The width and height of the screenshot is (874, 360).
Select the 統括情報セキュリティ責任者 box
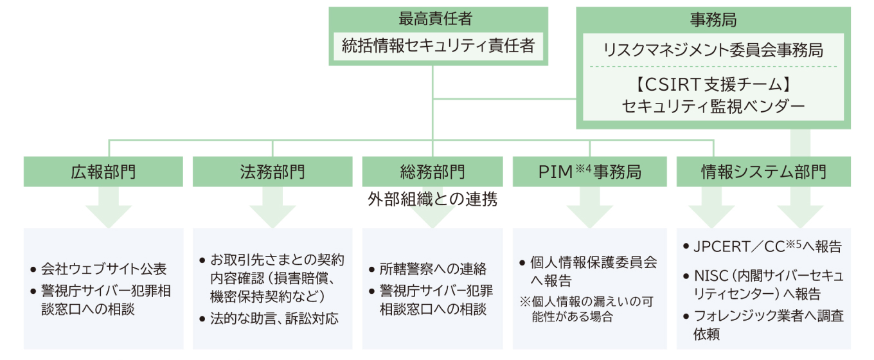(x=439, y=46)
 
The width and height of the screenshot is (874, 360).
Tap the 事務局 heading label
(x=713, y=19)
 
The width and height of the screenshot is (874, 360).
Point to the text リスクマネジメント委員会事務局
(x=713, y=50)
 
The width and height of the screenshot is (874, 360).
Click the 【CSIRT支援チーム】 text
(x=713, y=84)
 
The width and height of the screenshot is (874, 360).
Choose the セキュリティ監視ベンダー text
(x=713, y=106)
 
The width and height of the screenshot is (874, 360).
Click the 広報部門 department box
(x=103, y=172)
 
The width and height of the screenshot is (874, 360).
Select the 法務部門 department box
(x=272, y=172)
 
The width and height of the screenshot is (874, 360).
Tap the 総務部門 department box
(x=432, y=172)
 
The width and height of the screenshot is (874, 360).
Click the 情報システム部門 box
(x=763, y=172)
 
